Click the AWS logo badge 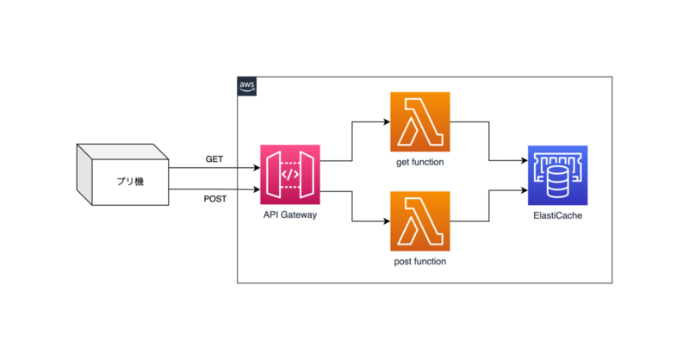pos(247,86)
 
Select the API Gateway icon pos(290,175)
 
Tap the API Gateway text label pos(290,214)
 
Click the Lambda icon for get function pos(420,122)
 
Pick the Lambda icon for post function pos(420,221)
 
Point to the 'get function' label pos(420,161)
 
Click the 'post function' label pos(420,260)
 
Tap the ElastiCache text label pos(557,214)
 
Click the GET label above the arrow pos(214,158)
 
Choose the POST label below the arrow pos(214,200)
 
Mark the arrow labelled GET pos(215,168)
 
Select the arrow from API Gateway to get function pos(353,142)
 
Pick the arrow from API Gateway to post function pos(353,207)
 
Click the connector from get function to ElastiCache pos(490,142)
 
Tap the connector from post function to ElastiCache pos(490,207)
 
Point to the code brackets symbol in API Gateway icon pos(290,175)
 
